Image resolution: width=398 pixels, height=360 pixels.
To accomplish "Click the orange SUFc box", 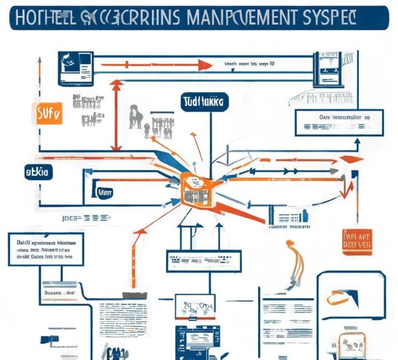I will coord(46,114).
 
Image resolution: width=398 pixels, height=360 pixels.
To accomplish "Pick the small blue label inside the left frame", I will coord(105,192).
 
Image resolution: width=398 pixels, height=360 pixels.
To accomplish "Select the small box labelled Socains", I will coord(60,292).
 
